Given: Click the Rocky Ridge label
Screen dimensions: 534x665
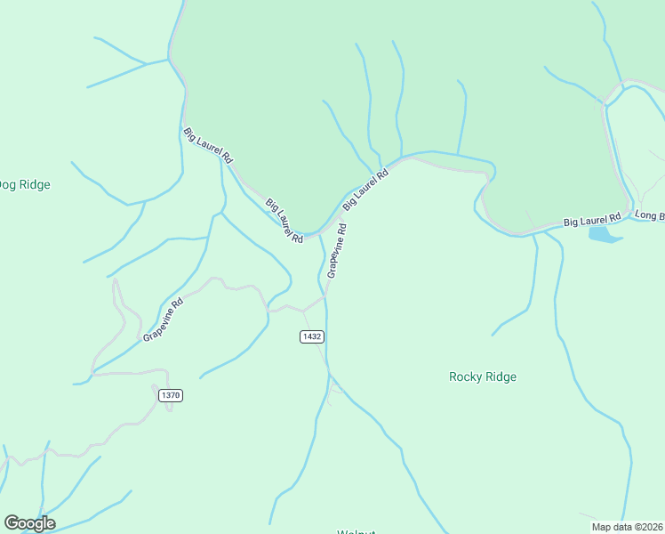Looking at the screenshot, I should tap(483, 376).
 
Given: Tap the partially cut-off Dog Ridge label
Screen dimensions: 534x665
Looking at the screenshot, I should tap(24, 185).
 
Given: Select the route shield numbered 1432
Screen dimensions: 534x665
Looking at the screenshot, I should tap(311, 336).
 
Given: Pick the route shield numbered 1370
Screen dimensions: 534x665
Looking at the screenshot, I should tap(171, 394).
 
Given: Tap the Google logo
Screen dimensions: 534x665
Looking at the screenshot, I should tap(29, 523).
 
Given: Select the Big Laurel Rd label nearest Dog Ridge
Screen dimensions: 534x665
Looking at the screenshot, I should tap(208, 146).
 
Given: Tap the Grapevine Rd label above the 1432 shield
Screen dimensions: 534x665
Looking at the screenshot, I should tap(336, 251).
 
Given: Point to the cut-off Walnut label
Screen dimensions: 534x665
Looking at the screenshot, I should tap(357, 531).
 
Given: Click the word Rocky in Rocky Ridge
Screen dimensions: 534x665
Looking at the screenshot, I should tap(466, 376).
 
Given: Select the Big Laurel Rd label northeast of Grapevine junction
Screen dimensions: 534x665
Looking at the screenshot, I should tap(365, 189).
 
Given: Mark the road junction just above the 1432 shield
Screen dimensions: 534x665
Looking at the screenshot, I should tap(303, 311).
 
